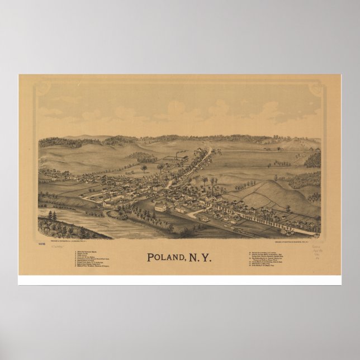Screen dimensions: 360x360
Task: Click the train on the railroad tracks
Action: [238, 230]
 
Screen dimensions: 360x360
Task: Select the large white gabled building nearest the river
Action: [160, 207]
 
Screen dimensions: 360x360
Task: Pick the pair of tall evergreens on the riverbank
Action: [52, 215]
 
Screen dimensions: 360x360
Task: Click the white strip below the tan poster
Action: [179, 280]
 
